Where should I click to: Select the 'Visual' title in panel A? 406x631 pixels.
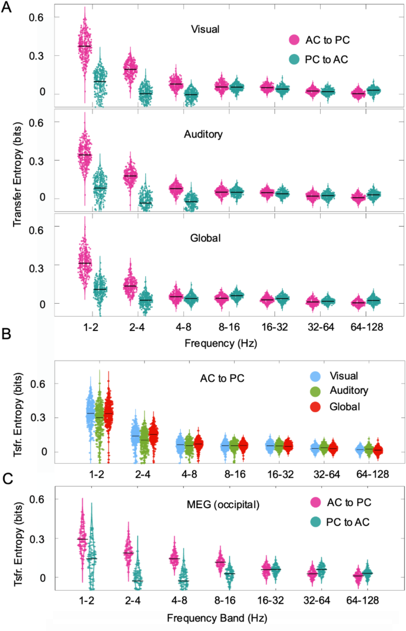203,28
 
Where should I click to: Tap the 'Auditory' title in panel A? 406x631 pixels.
203,134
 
